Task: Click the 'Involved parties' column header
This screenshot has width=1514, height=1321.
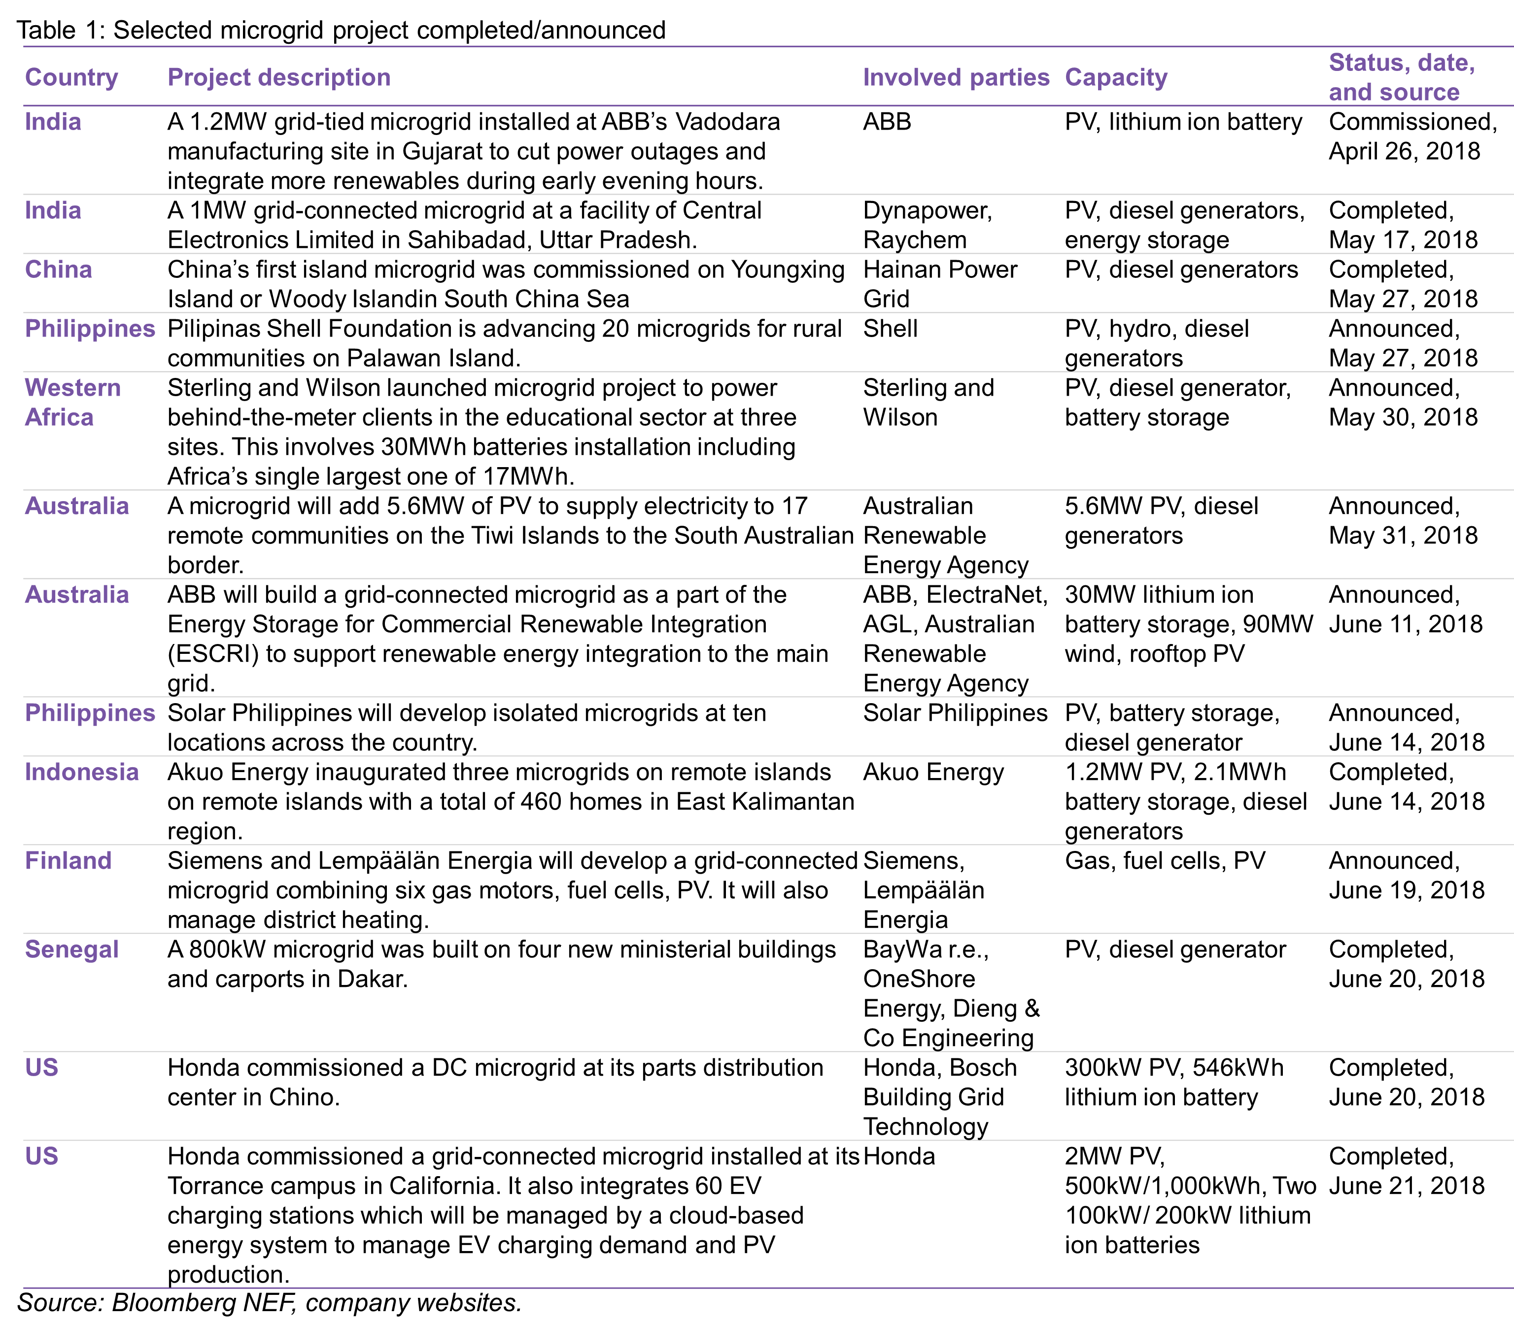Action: pyautogui.click(x=956, y=77)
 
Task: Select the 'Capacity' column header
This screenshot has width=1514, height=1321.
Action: pyautogui.click(x=1116, y=77)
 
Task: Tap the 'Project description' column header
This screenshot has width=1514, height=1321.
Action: pyautogui.click(x=279, y=77)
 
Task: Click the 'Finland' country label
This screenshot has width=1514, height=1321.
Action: pyautogui.click(x=68, y=860)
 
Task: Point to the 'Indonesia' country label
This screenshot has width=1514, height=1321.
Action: pyautogui.click(x=82, y=772)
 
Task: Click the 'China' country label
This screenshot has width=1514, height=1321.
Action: pyautogui.click(x=58, y=269)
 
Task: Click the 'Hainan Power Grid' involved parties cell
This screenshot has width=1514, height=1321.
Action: pyautogui.click(x=939, y=284)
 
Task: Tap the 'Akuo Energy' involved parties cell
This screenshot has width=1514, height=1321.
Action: pyautogui.click(x=933, y=772)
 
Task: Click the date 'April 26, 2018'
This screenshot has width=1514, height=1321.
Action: pyautogui.click(x=1404, y=151)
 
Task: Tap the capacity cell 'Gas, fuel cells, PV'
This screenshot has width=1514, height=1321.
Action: pyautogui.click(x=1165, y=860)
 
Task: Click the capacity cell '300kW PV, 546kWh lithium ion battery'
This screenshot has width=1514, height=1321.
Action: pyautogui.click(x=1174, y=1082)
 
